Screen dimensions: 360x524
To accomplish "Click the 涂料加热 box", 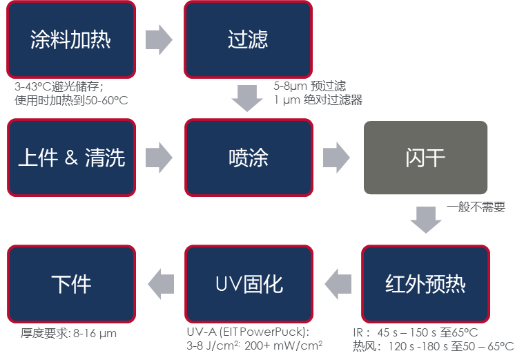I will (x=71, y=39).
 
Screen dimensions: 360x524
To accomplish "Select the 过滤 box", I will (x=248, y=39).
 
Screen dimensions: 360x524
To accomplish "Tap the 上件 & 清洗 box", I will (x=71, y=158).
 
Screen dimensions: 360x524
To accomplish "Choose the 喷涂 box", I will (x=248, y=158).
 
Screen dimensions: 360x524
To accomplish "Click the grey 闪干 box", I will (x=425, y=158).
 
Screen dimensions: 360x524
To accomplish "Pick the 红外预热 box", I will (x=425, y=283).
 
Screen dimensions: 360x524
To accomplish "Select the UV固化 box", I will (x=248, y=283).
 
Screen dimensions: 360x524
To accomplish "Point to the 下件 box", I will (x=71, y=283).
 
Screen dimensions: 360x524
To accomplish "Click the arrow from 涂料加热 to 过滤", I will (x=159, y=39).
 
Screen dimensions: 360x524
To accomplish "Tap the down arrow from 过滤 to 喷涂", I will (x=248, y=98).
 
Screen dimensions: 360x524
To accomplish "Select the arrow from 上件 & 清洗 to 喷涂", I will (x=159, y=158).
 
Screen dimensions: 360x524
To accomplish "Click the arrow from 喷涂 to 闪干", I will (x=336, y=158).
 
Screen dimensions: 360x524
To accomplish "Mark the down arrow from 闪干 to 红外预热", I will (x=425, y=220).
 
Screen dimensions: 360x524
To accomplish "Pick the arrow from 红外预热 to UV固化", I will (x=338, y=283).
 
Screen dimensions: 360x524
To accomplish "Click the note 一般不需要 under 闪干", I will (x=476, y=207).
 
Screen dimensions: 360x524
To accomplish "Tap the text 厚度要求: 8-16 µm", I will (x=68, y=334).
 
